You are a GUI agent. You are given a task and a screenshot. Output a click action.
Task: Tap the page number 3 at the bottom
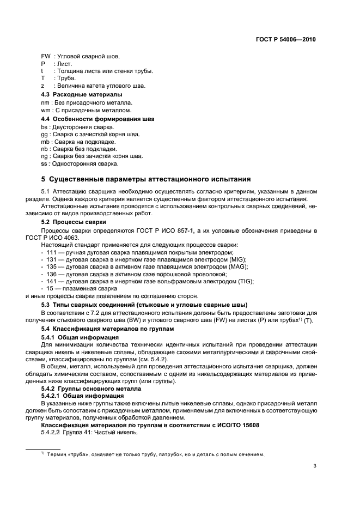[315, 465]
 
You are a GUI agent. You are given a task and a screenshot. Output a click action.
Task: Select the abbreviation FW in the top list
[45, 57]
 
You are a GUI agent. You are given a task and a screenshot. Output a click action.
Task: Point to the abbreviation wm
[45, 110]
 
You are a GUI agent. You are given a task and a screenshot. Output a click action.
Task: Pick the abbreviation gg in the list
[44, 134]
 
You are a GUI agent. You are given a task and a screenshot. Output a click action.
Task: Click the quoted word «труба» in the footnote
[76, 454]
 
